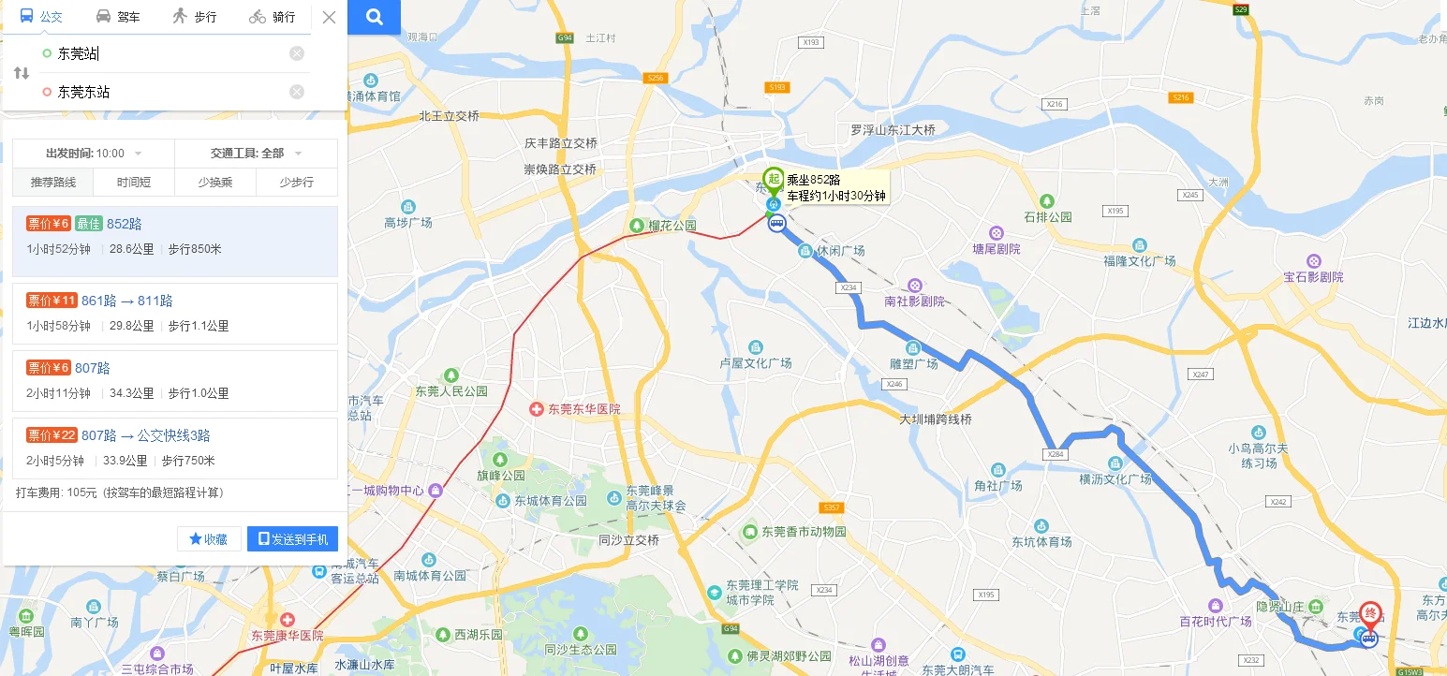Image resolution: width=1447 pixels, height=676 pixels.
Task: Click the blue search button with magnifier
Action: click(x=375, y=17)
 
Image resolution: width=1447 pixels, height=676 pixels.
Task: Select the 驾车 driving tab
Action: click(x=118, y=17)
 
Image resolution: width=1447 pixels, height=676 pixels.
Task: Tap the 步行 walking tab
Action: click(x=194, y=17)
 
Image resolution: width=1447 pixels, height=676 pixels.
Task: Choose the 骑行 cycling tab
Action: click(x=272, y=17)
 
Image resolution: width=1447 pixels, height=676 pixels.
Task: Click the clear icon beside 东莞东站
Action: click(x=297, y=92)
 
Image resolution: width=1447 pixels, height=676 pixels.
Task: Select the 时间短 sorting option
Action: click(x=134, y=183)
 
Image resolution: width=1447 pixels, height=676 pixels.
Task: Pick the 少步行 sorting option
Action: click(x=296, y=183)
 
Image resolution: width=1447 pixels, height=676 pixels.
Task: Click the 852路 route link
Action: click(x=125, y=224)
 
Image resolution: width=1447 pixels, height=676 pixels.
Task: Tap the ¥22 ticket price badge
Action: click(x=52, y=435)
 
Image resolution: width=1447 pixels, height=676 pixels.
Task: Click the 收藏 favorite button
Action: click(x=209, y=539)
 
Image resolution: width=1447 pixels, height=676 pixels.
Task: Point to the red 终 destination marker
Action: click(x=1370, y=615)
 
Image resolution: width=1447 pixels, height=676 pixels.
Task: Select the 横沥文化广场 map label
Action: click(x=1115, y=479)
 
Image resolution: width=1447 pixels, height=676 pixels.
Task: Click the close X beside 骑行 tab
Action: click(x=329, y=17)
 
